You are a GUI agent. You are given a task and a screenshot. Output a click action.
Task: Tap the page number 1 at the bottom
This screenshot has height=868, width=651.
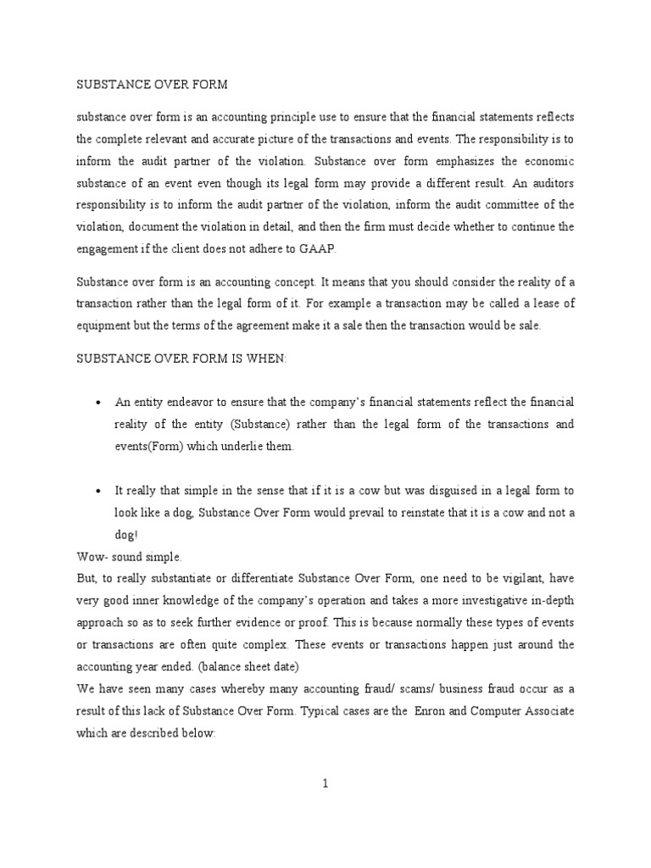click(325, 784)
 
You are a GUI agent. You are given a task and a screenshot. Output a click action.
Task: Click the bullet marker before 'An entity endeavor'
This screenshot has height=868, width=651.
click(100, 401)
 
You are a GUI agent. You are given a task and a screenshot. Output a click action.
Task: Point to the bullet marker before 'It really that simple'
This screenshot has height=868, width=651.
click(100, 491)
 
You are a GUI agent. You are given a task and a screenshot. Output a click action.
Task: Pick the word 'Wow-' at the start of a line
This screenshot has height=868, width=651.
click(92, 556)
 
